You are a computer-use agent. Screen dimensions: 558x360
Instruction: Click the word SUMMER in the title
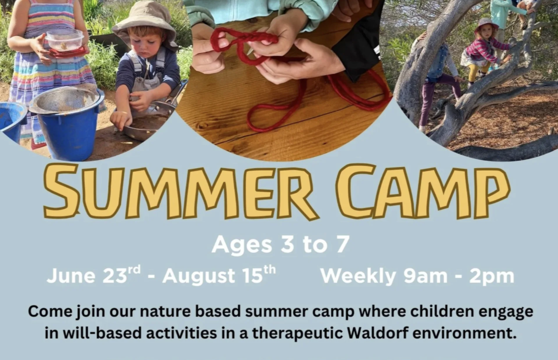pos(181,192)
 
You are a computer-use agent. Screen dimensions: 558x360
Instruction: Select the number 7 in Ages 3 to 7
pos(342,244)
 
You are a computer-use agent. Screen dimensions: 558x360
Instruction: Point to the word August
pos(199,276)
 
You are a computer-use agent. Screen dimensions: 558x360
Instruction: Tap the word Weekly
pos(358,276)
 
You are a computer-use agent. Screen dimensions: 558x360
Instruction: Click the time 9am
pos(426,276)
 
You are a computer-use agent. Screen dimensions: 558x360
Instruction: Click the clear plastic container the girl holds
pos(65,40)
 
